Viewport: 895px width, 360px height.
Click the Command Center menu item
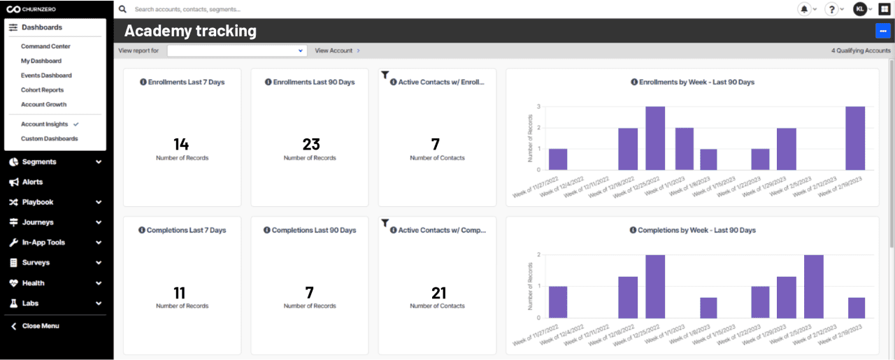click(45, 46)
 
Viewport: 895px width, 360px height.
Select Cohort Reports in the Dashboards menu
click(42, 90)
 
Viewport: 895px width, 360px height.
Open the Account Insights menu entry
click(45, 124)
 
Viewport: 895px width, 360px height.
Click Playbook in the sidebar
click(38, 202)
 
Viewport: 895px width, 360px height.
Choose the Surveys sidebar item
click(36, 263)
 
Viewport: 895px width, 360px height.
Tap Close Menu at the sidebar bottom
click(41, 326)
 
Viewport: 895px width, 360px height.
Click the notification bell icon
click(804, 9)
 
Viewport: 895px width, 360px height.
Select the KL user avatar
click(860, 9)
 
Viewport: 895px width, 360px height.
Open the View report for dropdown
click(237, 50)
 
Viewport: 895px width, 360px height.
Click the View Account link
click(334, 50)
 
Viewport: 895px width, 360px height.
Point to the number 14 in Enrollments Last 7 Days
click(181, 144)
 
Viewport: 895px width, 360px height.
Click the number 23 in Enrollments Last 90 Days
click(310, 144)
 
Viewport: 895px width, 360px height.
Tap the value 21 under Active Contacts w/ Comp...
click(438, 292)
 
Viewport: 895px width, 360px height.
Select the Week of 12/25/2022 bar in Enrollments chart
click(654, 138)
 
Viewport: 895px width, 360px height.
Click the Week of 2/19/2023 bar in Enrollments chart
click(854, 138)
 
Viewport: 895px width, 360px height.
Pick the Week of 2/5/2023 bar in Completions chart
click(813, 287)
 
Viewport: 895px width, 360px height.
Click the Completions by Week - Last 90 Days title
click(696, 230)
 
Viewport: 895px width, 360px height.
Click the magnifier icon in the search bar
click(123, 10)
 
